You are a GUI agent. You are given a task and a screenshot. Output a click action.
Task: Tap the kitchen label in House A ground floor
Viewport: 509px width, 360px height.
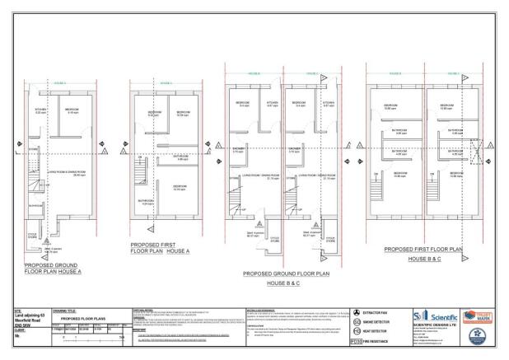[40, 110]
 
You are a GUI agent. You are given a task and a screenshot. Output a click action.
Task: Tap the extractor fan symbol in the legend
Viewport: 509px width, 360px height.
[356, 313]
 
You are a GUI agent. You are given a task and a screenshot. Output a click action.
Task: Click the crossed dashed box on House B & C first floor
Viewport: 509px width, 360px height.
[478, 152]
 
